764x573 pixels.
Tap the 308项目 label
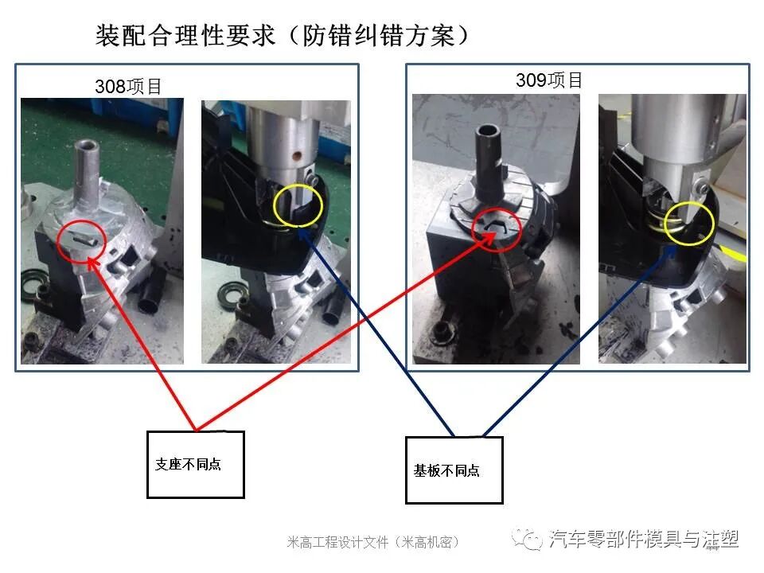pos(128,87)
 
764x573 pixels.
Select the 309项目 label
pos(549,80)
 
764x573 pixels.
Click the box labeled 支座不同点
pos(195,465)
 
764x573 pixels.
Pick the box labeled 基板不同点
pos(454,470)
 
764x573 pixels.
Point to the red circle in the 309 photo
pos(497,229)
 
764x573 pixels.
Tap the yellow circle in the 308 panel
pos(298,206)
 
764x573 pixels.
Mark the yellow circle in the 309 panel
pos(688,222)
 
